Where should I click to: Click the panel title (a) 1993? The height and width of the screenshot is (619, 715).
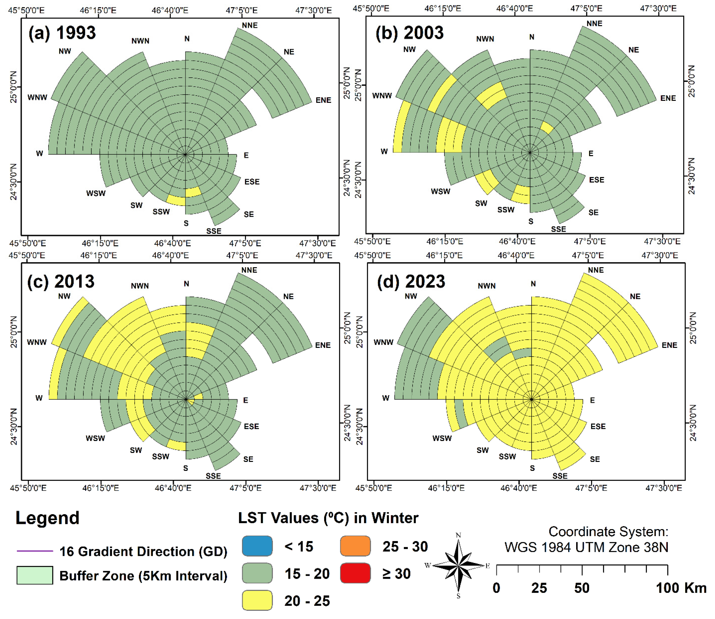(x=62, y=33)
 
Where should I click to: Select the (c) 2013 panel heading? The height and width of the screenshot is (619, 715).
(x=61, y=281)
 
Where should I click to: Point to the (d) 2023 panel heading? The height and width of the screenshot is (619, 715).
(x=411, y=281)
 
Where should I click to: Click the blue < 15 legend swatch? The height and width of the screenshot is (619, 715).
(x=257, y=546)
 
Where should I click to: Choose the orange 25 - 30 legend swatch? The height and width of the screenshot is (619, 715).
(x=355, y=546)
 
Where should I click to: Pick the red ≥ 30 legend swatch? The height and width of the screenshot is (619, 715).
(x=355, y=573)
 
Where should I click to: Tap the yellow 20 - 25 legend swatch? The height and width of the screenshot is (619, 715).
(x=257, y=600)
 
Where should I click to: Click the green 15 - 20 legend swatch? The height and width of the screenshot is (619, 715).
(x=257, y=573)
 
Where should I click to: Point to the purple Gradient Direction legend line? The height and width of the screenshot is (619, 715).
(x=35, y=551)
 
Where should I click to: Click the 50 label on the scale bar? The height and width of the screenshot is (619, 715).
(x=582, y=588)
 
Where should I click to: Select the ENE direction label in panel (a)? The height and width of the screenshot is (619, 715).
(x=323, y=100)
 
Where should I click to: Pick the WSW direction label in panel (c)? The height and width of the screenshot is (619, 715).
(x=95, y=438)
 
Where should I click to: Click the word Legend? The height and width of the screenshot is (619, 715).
(x=48, y=518)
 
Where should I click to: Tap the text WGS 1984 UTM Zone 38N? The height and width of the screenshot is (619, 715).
(x=586, y=547)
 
